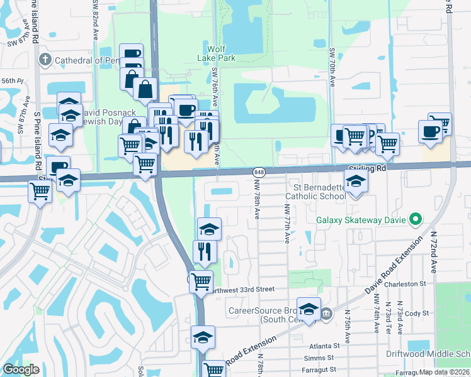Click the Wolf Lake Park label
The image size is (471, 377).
(x=221, y=53)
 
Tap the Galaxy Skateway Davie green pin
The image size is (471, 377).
(x=414, y=220)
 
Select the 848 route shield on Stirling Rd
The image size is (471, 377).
(x=259, y=172)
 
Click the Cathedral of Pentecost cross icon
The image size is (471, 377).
(x=43, y=60)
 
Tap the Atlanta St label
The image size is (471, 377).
(x=324, y=345)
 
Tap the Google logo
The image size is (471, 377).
(x=21, y=369)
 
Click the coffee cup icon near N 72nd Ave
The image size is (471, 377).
(x=431, y=131)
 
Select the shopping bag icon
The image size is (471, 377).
(x=145, y=89)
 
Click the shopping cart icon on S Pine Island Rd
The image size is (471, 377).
(x=40, y=191)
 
